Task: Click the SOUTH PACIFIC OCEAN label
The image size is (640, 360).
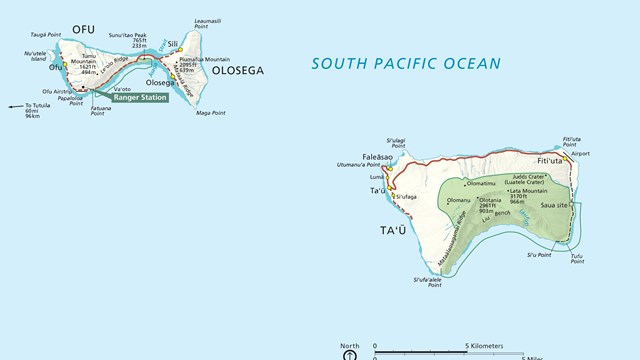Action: [x=405, y=63]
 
